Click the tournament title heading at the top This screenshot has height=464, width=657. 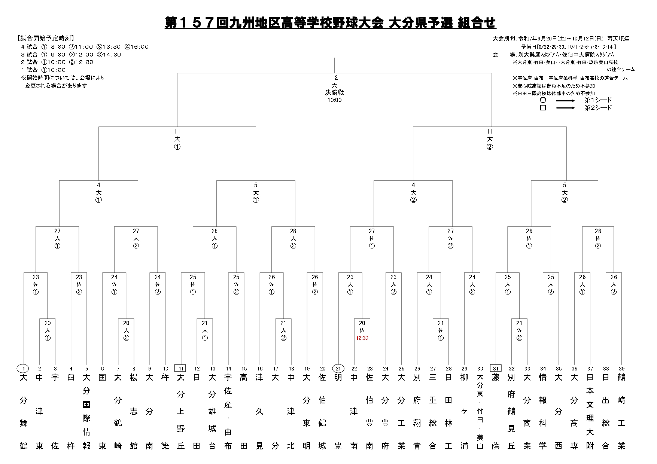pos(331,22)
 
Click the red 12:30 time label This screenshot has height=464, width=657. pos(362,338)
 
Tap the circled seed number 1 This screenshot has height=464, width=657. pos(24,369)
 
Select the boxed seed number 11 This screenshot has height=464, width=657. pos(181,369)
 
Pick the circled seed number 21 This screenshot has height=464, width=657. pos(338,369)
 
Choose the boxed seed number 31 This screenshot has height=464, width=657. pos(496,369)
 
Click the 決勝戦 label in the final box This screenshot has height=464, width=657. pos(334,92)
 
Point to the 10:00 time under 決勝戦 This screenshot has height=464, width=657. pos(334,100)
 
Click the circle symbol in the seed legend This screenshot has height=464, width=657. pos(543,100)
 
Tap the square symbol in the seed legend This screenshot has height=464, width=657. pos(543,108)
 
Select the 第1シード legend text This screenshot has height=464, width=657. pos(598,100)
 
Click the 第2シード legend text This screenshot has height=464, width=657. pos(598,108)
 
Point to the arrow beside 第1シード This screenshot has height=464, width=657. pos(565,100)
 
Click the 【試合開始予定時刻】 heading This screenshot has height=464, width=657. pos(45,39)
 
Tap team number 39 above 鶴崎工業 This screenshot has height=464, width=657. pos(621,369)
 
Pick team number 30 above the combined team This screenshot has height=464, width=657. pos(480,369)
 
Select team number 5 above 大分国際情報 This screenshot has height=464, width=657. pos(86,369)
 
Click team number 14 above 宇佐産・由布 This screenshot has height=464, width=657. pos(228,369)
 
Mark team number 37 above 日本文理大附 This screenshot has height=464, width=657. pos(590,369)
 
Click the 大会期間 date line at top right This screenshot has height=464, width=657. pos(561,39)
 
